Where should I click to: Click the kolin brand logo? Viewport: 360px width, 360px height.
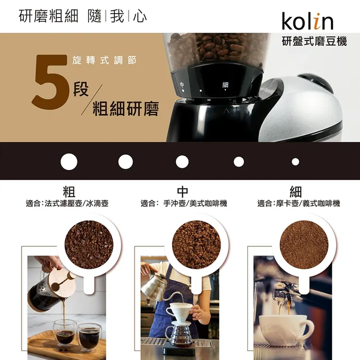click(x=307, y=21)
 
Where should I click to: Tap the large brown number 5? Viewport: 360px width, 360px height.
click(x=51, y=82)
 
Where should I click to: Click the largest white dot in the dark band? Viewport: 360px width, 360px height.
click(x=69, y=162)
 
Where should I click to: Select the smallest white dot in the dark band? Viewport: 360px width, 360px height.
click(x=295, y=162)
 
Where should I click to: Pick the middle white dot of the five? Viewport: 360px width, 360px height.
click(x=182, y=162)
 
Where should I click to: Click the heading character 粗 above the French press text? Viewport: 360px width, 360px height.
click(x=69, y=192)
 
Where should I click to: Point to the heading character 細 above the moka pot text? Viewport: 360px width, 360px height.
click(x=296, y=192)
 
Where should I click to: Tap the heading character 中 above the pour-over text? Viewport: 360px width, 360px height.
click(x=182, y=192)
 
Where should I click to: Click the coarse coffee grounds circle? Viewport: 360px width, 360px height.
click(x=89, y=245)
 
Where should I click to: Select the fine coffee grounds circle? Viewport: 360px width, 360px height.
click(x=304, y=245)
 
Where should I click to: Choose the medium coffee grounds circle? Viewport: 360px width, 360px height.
click(x=197, y=245)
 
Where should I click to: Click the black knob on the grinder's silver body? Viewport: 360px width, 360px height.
click(x=316, y=83)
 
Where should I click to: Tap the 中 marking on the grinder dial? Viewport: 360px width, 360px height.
click(x=182, y=85)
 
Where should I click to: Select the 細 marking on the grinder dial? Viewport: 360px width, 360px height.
click(x=225, y=85)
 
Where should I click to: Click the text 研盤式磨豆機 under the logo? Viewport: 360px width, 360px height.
click(x=314, y=41)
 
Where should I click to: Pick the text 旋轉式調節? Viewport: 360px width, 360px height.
click(x=104, y=60)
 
